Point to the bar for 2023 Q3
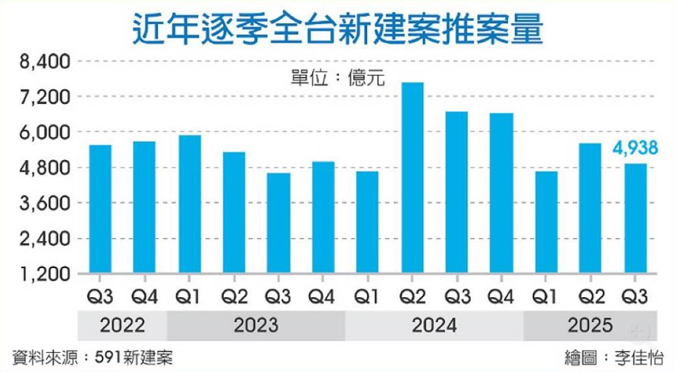[x=279, y=223]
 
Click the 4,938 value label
[x=635, y=149]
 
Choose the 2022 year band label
[x=122, y=324]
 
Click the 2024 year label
[x=434, y=324]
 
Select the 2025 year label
[x=590, y=324]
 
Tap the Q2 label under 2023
[x=234, y=298]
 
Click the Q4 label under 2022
[x=145, y=298]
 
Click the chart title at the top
[x=337, y=28]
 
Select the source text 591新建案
[x=132, y=357]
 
